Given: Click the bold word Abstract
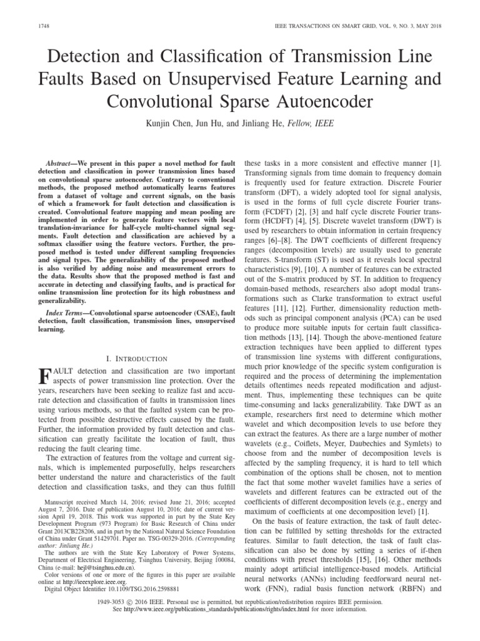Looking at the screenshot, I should (x=66, y=162).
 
